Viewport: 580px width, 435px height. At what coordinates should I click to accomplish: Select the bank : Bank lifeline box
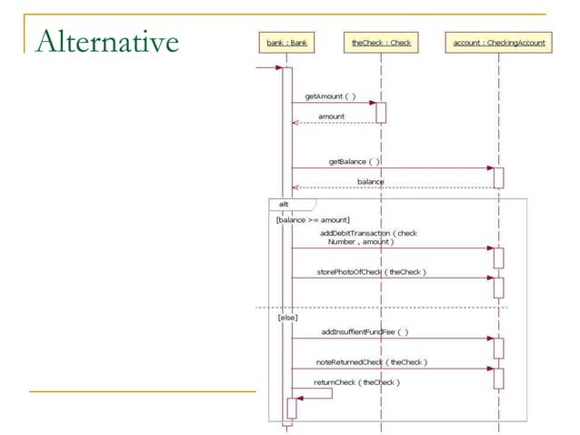(287, 42)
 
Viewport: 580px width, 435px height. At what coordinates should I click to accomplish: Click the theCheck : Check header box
(381, 42)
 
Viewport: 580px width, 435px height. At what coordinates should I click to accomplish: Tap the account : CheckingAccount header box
(498, 42)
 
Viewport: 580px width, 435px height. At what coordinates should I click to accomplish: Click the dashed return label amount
(331, 116)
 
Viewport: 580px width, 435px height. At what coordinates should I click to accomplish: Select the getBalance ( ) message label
(354, 161)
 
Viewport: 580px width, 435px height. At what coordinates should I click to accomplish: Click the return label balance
(370, 182)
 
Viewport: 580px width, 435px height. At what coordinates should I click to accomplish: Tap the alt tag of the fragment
(284, 204)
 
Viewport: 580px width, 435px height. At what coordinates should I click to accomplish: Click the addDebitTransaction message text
(368, 238)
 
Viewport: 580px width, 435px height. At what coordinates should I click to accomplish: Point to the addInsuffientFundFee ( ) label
(365, 331)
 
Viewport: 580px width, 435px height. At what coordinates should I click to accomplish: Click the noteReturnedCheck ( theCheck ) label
(377, 361)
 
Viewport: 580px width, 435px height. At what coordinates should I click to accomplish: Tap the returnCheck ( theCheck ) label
(356, 382)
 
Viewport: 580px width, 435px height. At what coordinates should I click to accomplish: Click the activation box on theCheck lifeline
(381, 112)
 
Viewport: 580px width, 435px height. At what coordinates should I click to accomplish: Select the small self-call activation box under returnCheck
(292, 408)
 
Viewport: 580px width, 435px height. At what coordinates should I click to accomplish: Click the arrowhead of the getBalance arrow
(488, 167)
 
